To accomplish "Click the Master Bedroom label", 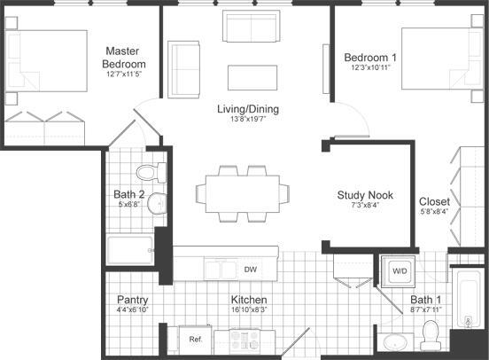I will pyautogui.click(x=125, y=58).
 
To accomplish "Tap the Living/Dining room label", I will pyautogui.click(x=249, y=109).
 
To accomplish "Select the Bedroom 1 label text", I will pyautogui.click(x=371, y=58).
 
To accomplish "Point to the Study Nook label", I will pyautogui.click(x=365, y=195).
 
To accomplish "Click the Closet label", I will pyautogui.click(x=434, y=201).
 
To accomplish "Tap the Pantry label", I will pyautogui.click(x=132, y=300).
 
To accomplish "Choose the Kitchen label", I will pyautogui.click(x=249, y=300).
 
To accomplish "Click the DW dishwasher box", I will pyautogui.click(x=251, y=269).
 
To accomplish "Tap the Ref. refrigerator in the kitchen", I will pyautogui.click(x=197, y=339).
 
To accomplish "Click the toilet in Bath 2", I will pyautogui.click(x=148, y=170).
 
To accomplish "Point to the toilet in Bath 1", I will pyautogui.click(x=432, y=335).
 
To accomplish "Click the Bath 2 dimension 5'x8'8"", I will pyautogui.click(x=129, y=204).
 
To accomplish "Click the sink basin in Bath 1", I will pyautogui.click(x=394, y=341).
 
